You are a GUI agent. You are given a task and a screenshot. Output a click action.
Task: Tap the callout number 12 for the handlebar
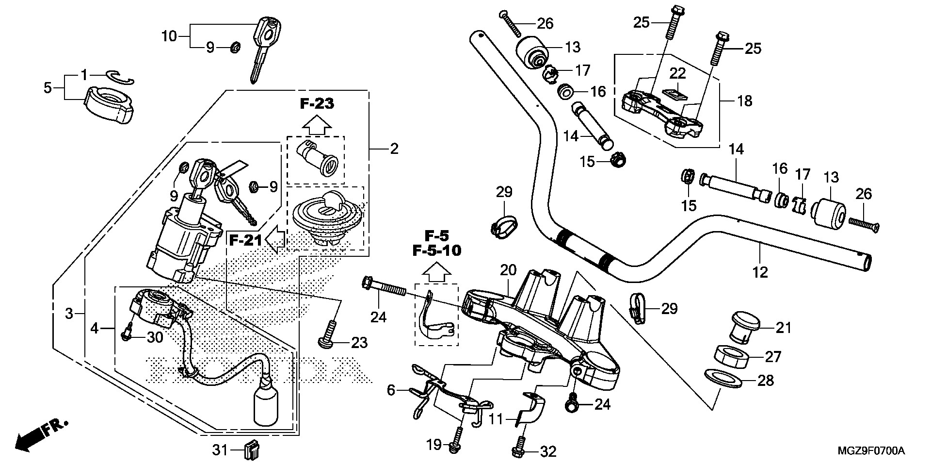coord(760,272)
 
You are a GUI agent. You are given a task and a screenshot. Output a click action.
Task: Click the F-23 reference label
coord(318,103)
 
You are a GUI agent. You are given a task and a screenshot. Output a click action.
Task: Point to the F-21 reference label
coord(246,240)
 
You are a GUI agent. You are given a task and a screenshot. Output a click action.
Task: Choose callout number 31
coord(220,451)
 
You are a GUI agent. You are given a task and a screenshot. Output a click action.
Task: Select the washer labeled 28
coord(724,379)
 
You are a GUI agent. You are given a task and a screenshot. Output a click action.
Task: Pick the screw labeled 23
coord(327,335)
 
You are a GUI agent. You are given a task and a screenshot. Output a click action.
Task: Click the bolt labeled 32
coord(518,449)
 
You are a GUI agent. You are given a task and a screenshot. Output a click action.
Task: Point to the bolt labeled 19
coord(456,442)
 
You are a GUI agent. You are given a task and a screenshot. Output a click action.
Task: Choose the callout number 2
coord(394,149)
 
